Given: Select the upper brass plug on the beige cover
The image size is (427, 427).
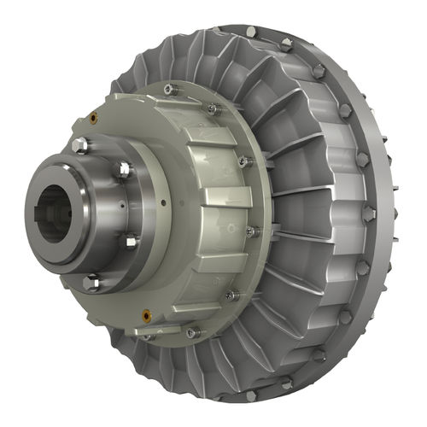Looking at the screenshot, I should [x=92, y=116].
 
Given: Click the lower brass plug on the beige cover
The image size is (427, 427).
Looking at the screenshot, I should [x=147, y=315].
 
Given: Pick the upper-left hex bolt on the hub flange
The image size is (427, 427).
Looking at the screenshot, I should [x=80, y=144].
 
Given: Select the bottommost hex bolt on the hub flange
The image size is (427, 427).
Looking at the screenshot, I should [x=91, y=279].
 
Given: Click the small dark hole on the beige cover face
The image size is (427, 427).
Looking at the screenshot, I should [x=161, y=202].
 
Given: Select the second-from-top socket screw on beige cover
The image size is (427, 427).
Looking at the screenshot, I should [x=213, y=108].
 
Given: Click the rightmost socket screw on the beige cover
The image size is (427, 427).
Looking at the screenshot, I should [x=252, y=231].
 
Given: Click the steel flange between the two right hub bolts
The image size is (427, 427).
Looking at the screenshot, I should [x=137, y=205].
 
